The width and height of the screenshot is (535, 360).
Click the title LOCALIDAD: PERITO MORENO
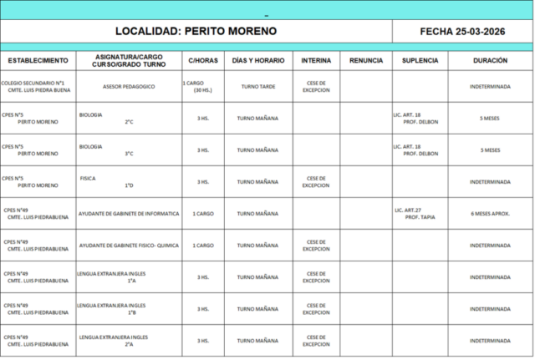click(196, 31)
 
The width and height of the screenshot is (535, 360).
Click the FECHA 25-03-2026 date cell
click(462, 31)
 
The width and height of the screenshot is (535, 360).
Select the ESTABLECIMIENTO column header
click(38, 61)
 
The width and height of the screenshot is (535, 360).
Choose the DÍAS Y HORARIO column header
click(257, 61)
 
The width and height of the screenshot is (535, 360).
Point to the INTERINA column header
click(315, 61)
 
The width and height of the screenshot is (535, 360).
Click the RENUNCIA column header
click(366, 61)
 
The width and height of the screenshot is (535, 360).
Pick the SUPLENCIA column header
click(420, 61)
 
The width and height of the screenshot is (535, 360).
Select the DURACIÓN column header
click(489, 61)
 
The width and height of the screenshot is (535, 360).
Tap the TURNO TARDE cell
click(257, 87)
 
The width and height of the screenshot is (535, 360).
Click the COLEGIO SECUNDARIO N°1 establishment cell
click(38, 87)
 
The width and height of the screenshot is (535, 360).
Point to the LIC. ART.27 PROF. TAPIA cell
click(420, 213)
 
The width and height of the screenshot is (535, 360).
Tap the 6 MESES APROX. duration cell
click(489, 213)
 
